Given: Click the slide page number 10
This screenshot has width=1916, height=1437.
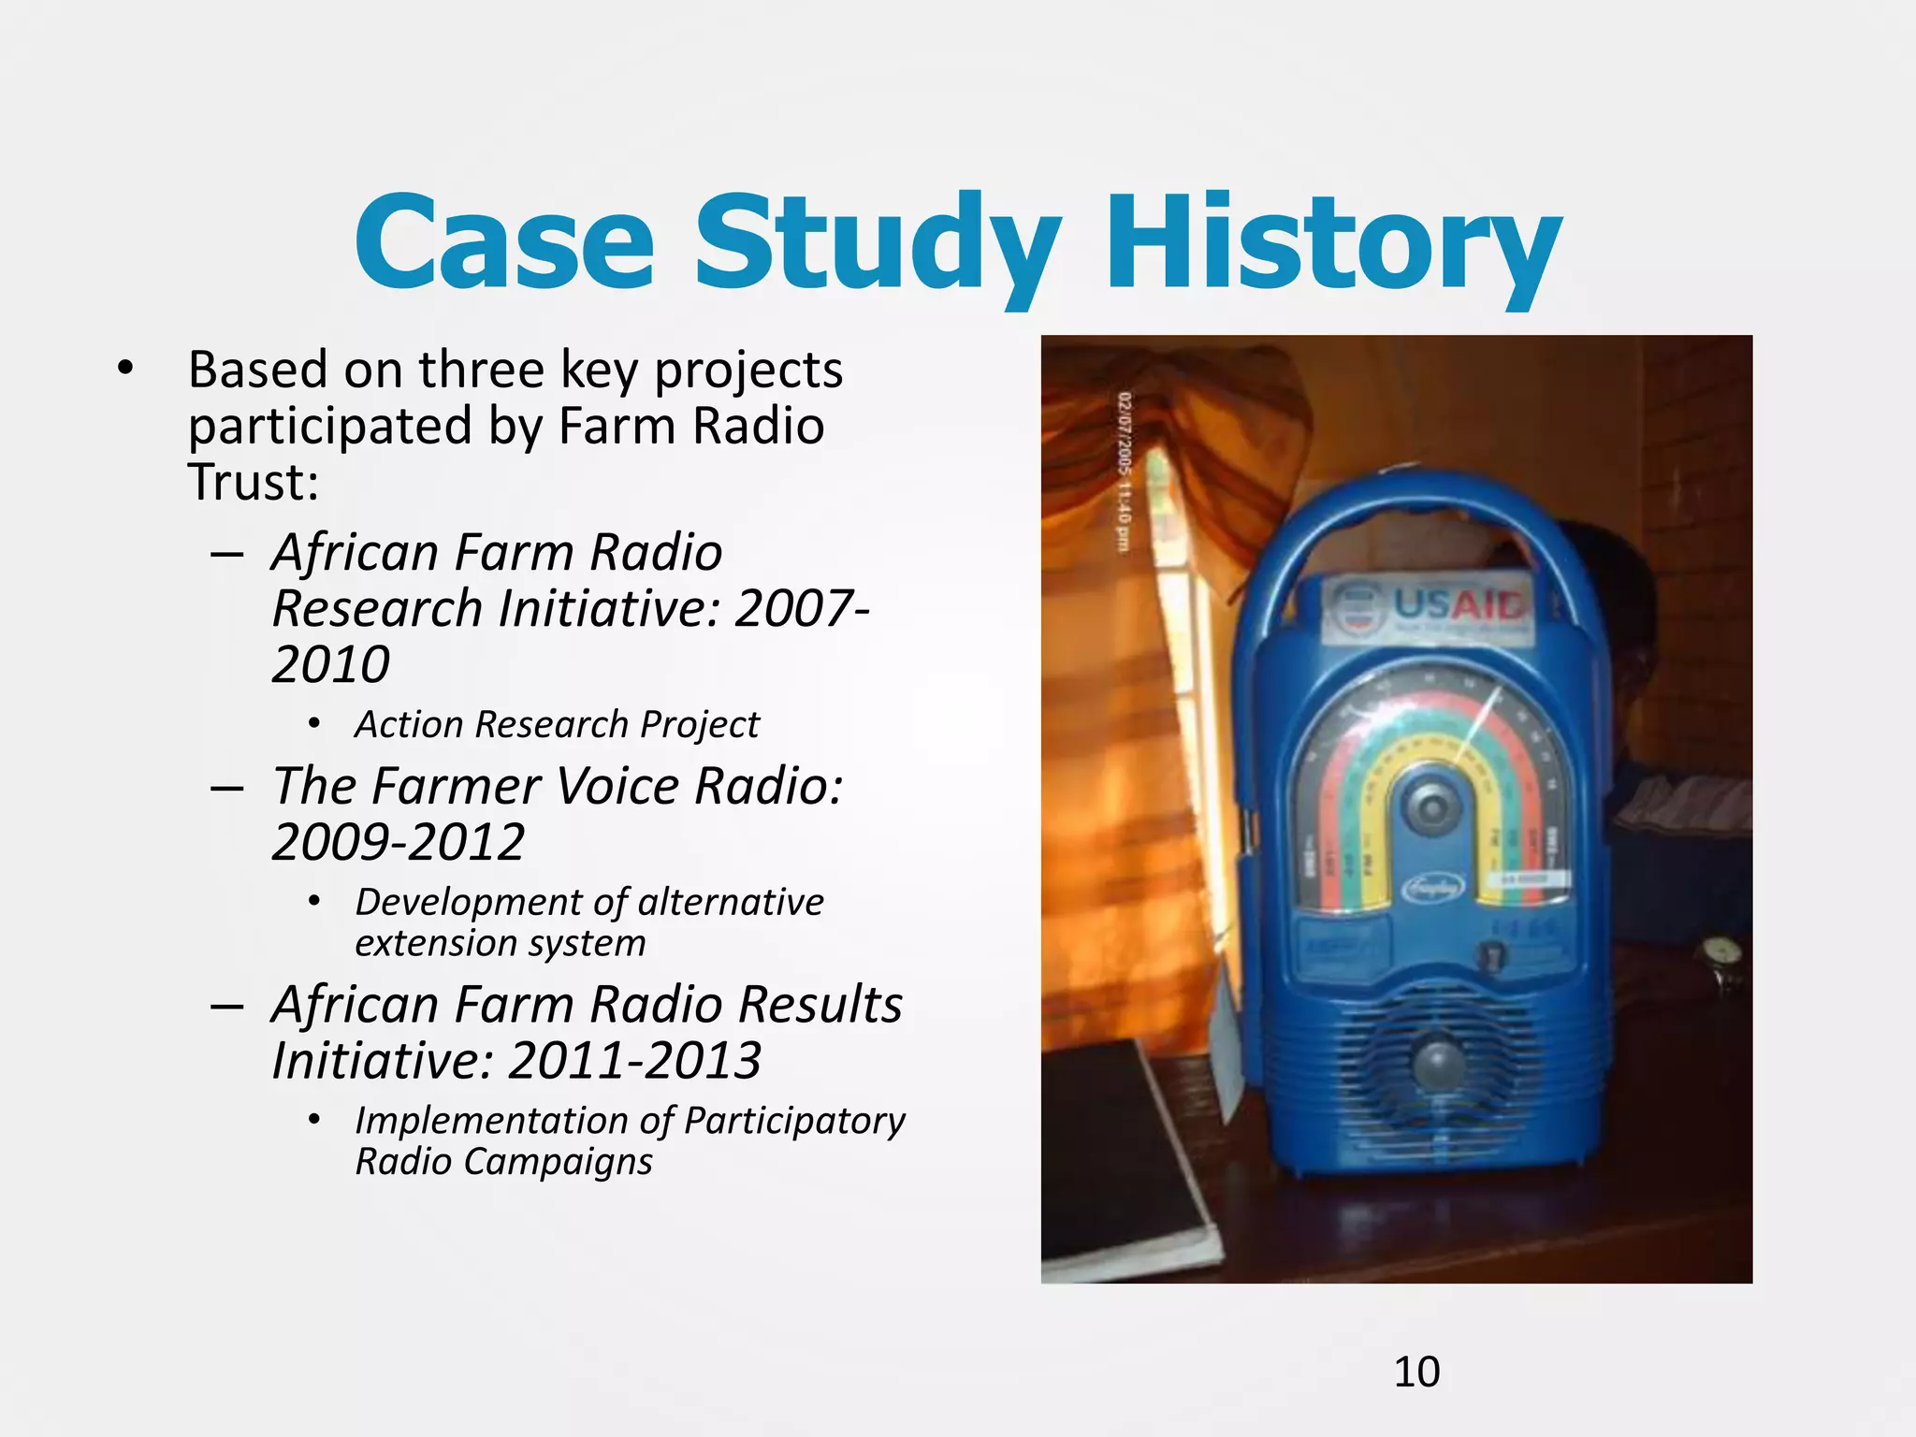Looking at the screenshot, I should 1416,1372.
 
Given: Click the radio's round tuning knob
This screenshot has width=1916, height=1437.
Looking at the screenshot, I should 1429,805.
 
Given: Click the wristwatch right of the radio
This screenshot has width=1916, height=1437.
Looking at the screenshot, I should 1721,959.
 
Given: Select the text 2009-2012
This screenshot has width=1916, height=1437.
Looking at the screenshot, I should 399,842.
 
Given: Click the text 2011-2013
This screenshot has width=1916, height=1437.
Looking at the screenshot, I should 634,1061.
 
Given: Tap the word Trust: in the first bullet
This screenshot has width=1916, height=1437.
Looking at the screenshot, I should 254,482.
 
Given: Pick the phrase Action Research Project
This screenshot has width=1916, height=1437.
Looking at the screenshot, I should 557,724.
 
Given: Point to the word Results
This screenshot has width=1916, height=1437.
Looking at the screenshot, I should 820,1005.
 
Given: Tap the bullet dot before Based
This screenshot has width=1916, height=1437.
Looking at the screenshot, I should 125,368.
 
